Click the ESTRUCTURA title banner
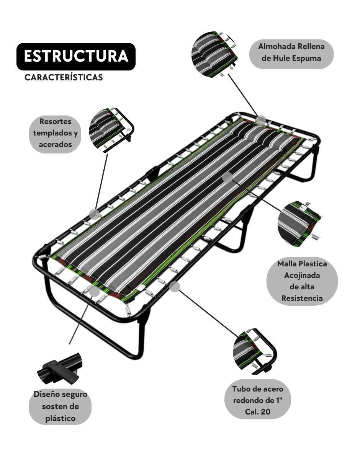point(76,57)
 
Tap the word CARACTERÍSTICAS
point(64,77)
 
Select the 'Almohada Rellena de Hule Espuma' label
point(291,54)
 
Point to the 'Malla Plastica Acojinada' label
point(302,281)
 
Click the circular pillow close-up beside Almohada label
point(214,54)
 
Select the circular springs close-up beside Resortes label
point(111,131)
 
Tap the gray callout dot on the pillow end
point(261,121)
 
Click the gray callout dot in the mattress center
point(227,178)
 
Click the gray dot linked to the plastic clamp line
point(94,292)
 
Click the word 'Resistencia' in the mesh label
point(302,298)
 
